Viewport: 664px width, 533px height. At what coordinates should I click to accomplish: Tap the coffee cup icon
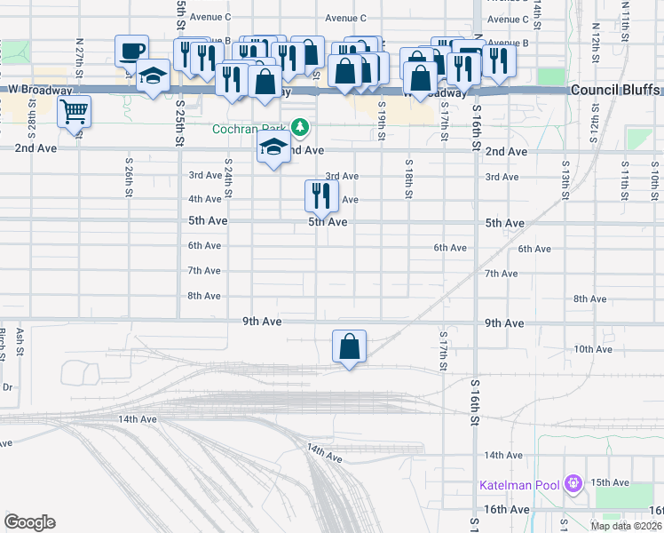[x=131, y=50]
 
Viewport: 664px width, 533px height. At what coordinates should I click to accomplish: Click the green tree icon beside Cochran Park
[x=301, y=128]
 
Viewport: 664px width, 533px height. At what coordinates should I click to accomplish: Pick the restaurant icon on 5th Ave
[x=321, y=195]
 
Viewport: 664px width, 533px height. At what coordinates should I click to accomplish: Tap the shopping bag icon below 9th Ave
[x=350, y=346]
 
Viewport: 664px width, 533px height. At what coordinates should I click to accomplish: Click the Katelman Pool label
[x=519, y=485]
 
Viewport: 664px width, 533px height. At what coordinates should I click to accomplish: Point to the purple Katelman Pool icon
[x=573, y=484]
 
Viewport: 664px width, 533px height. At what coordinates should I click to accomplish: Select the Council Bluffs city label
[x=615, y=91]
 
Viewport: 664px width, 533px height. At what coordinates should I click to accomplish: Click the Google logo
[x=29, y=522]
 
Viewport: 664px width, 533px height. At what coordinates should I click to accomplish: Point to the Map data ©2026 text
[x=626, y=526]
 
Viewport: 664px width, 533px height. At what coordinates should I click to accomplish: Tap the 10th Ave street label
[x=593, y=349]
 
